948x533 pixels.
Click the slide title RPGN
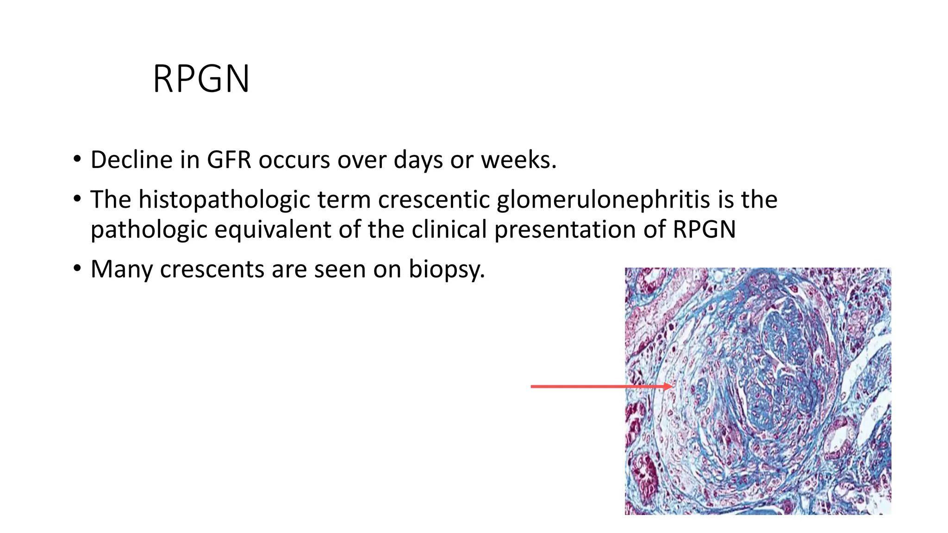pos(201,79)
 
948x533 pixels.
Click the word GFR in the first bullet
pos(229,160)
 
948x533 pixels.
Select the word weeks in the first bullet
pos(518,160)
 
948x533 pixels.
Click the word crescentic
pos(434,200)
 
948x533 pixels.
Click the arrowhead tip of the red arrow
pos(674,386)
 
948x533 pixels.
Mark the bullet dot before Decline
pos(77,160)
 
